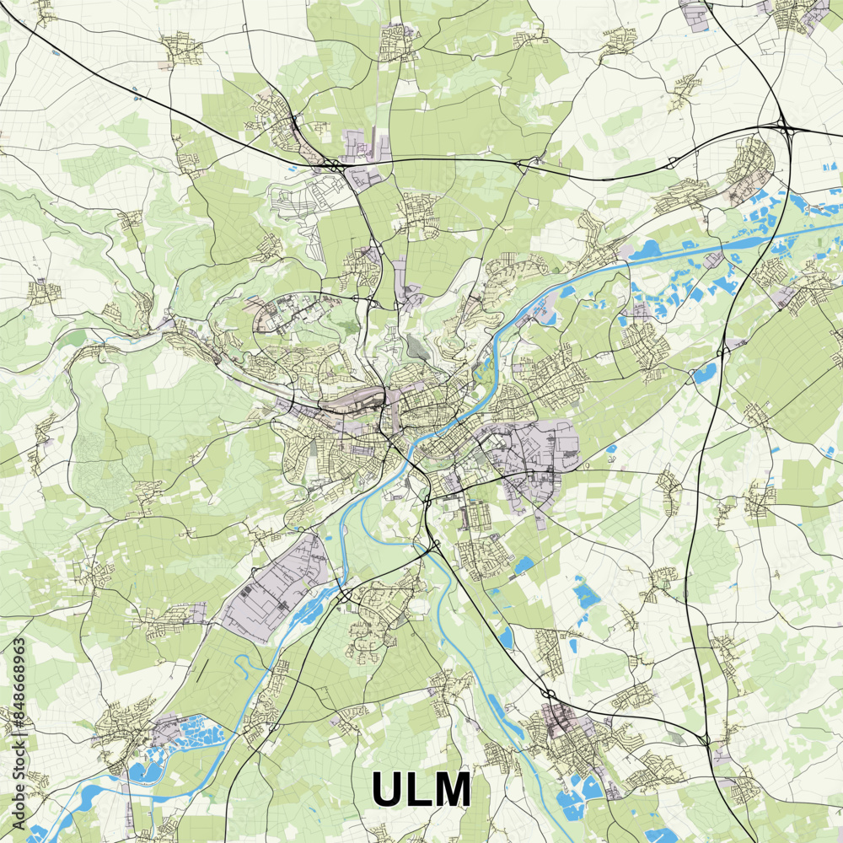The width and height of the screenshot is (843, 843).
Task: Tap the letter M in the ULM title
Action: pos(451,790)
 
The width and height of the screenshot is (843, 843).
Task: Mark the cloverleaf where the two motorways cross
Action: pos(786,128)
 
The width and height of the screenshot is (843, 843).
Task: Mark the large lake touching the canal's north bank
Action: pos(647,250)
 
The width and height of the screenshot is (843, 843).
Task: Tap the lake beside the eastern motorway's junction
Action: pos(705,371)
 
